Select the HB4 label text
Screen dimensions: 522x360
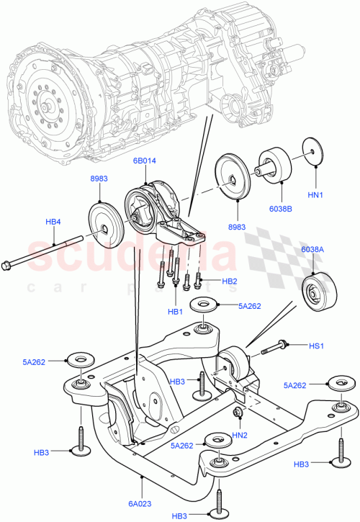(x=53, y=222)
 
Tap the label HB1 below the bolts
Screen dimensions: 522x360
(x=176, y=311)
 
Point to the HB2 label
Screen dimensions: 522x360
(x=229, y=281)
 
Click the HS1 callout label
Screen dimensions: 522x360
(x=316, y=347)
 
